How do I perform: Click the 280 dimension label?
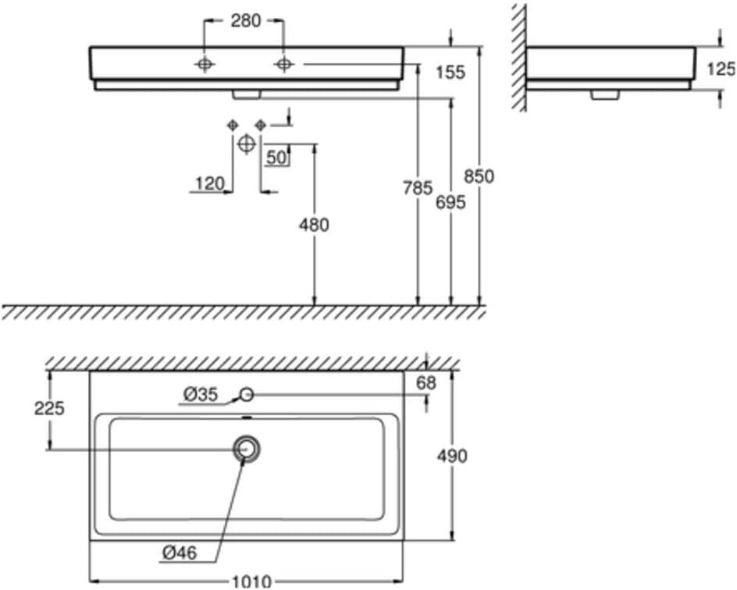[245, 21]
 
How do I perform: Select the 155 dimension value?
[450, 73]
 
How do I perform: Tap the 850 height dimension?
[478, 176]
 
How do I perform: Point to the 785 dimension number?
[417, 188]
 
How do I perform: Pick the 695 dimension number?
[450, 202]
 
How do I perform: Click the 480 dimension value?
[314, 225]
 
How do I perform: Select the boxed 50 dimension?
[276, 157]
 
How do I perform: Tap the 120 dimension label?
[209, 183]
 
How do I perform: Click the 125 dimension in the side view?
[721, 69]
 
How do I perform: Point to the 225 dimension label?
[50, 407]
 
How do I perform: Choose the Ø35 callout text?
[201, 395]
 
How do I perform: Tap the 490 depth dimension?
[452, 456]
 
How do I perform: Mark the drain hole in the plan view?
[247, 449]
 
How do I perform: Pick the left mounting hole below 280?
[205, 65]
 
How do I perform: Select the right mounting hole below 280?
[283, 65]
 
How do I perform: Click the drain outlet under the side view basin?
[604, 94]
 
